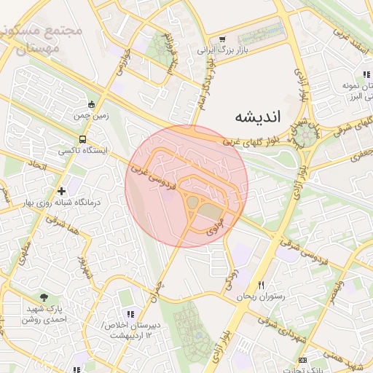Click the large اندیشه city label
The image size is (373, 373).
pyautogui.click(x=263, y=117)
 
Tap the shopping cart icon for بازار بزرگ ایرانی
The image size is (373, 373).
pyautogui.click(x=221, y=39)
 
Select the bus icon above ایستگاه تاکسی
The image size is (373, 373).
pyautogui.click(x=82, y=138)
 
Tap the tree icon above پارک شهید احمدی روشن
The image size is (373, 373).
pyautogui.click(x=44, y=297)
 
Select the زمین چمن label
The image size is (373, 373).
pyautogui.click(x=90, y=115)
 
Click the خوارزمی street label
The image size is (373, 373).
pyautogui.click(x=122, y=64)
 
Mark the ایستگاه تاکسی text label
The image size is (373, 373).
pyautogui.click(x=82, y=151)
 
